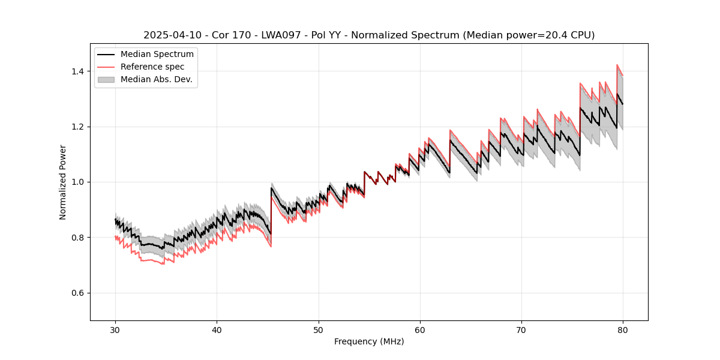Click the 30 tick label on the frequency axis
point(115,330)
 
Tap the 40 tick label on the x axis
point(217,330)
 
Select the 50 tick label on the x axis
point(319,330)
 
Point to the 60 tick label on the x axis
point(420,330)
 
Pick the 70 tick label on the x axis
point(521,330)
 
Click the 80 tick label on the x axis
point(623,330)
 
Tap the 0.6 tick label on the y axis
point(79,293)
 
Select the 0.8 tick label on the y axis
point(79,238)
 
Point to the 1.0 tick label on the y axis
point(79,182)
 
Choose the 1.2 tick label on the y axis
point(79,127)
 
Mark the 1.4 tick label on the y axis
point(79,71)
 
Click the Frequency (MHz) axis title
point(369,341)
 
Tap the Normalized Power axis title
point(63,182)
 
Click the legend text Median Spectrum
point(157,55)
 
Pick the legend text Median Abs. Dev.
point(157,79)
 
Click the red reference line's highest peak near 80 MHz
point(617,65)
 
